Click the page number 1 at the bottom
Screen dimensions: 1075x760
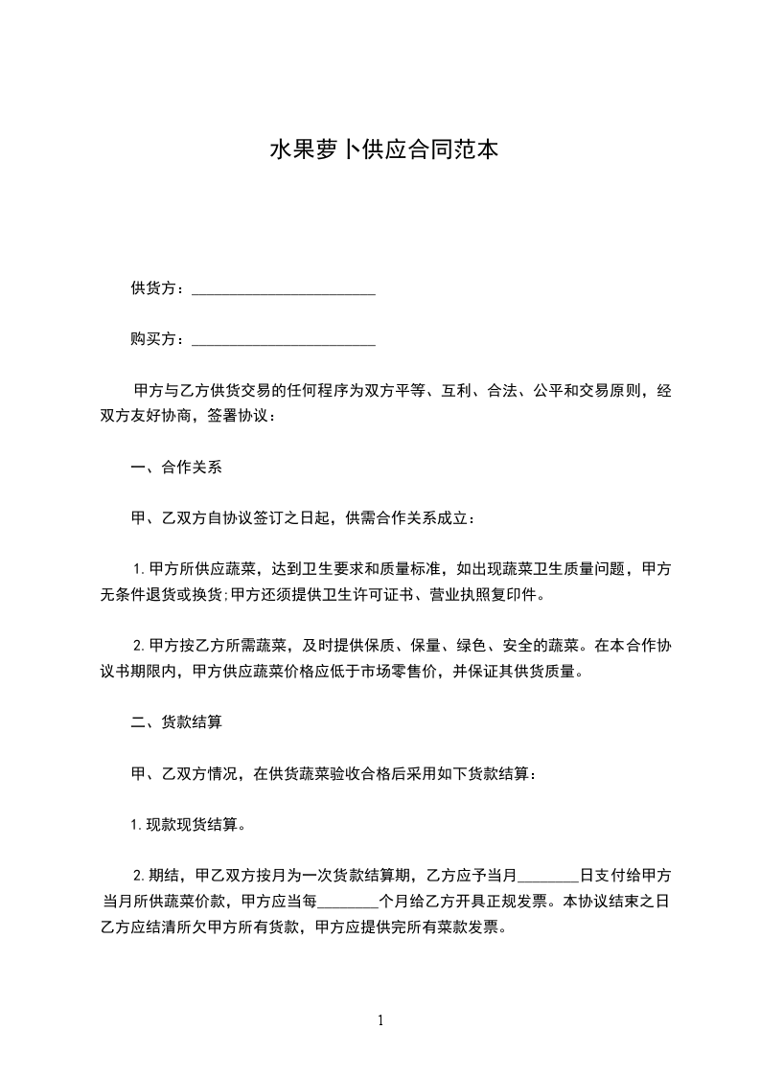click(x=380, y=1020)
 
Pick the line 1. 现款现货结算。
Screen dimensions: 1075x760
click(x=189, y=824)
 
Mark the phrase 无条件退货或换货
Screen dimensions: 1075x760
click(x=164, y=595)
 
